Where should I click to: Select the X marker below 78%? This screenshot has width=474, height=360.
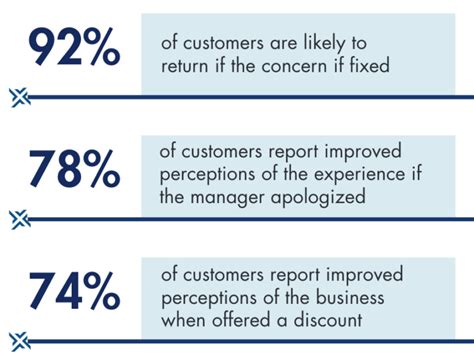[x=17, y=218]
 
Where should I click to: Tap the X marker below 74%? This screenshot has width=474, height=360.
[x=17, y=342]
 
